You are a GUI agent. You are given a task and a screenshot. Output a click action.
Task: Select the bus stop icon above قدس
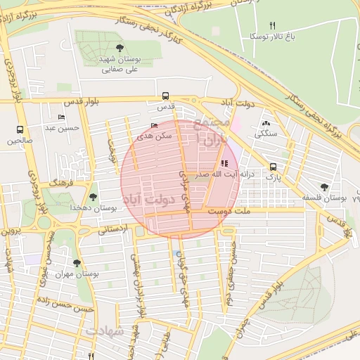(165, 96)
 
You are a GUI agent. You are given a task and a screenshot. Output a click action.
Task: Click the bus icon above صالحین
(20, 129)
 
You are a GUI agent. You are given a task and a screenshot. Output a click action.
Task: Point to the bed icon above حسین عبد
(61, 117)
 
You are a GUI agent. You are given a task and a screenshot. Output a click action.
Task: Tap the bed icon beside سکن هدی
(154, 126)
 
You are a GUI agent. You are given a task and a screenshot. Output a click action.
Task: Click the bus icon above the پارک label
(273, 167)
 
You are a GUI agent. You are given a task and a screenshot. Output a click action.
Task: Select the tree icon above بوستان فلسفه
(323, 186)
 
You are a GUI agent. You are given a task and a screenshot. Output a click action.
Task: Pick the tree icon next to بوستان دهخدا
(93, 197)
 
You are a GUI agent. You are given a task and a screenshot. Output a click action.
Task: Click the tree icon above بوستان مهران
(77, 263)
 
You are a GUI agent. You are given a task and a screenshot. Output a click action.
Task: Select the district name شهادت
(105, 329)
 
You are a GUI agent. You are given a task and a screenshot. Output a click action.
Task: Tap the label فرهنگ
(62, 181)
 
